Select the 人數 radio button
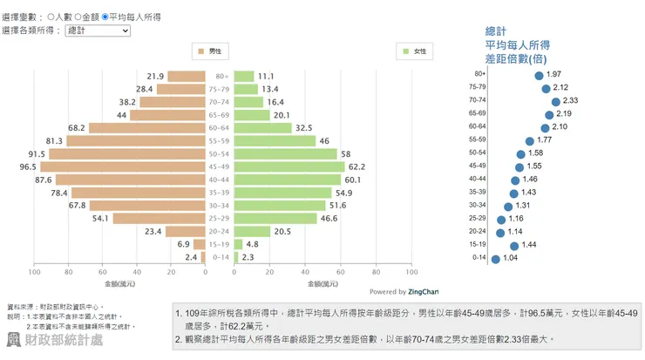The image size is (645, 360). (x=50, y=17)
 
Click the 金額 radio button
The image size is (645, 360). (x=78, y=17)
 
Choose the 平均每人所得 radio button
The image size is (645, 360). (x=105, y=17)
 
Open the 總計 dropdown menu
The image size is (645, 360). (x=98, y=31)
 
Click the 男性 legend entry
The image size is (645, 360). (x=209, y=52)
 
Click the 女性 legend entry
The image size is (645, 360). (x=414, y=52)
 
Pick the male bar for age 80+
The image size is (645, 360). (x=187, y=76)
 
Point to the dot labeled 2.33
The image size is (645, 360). (x=555, y=101)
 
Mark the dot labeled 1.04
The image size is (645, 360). (x=496, y=258)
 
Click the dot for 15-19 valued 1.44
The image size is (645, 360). (x=514, y=245)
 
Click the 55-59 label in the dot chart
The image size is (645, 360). (x=477, y=140)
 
